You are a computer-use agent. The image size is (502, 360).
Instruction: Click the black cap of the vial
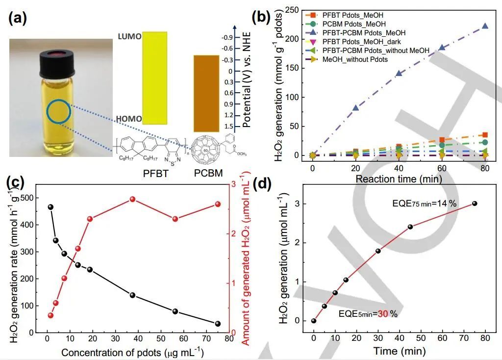click(59, 55)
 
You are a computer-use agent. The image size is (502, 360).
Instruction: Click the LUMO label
click(129, 37)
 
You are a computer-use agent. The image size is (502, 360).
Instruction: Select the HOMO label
click(129, 119)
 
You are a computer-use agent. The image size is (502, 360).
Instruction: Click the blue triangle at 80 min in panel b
click(485, 26)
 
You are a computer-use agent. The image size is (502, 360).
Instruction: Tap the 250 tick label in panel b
click(293, 10)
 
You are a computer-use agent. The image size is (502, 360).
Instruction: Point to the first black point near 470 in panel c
click(50, 207)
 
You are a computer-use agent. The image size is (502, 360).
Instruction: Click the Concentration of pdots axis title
click(132, 353)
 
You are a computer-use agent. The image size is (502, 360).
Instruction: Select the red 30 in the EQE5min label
click(382, 313)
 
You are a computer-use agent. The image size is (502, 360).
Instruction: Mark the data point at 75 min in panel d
click(475, 204)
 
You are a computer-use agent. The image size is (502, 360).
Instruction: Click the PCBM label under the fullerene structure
click(208, 173)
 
